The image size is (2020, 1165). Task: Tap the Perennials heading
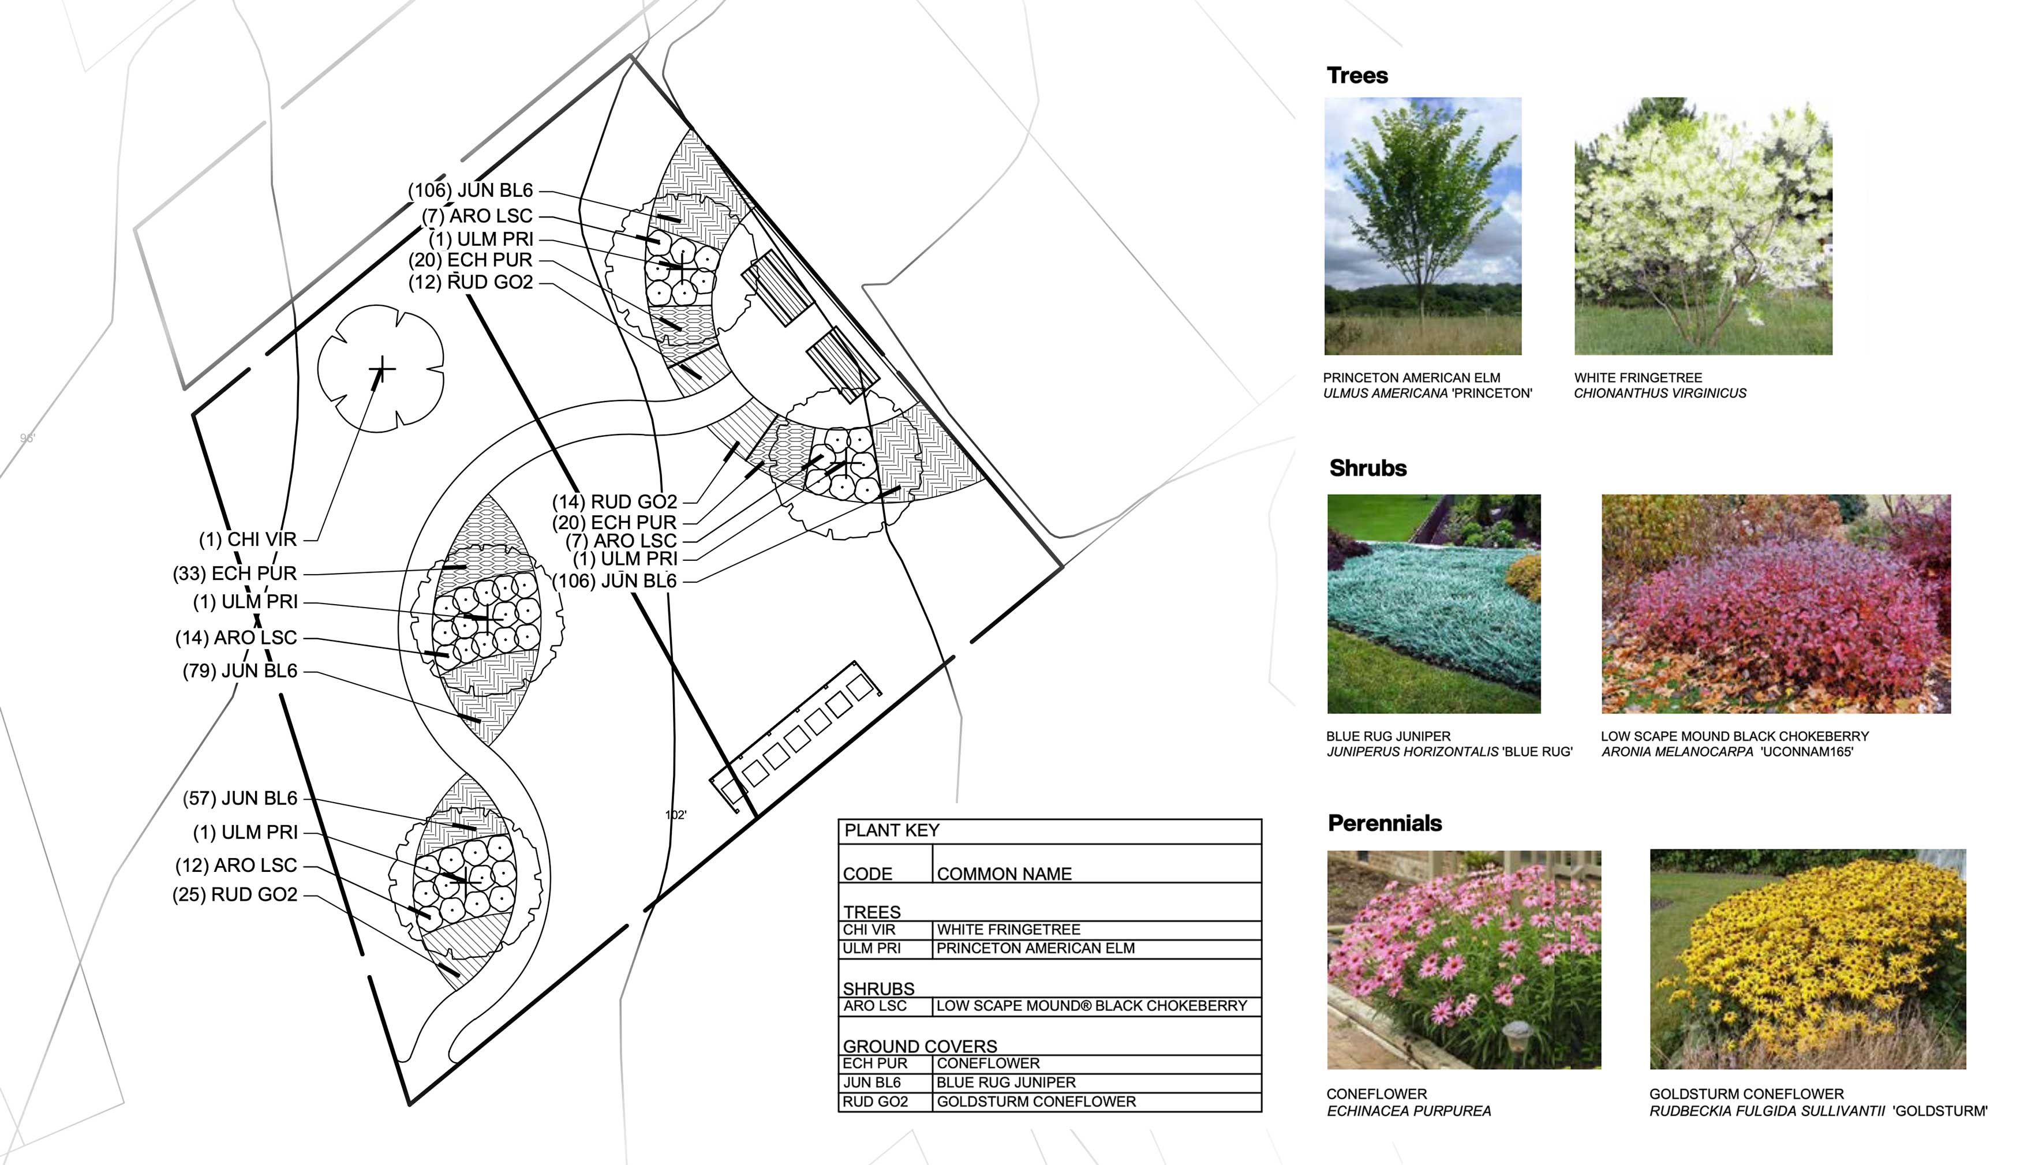pos(1384,823)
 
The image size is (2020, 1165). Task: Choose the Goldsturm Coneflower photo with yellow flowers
pos(1807,960)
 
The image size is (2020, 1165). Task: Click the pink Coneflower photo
pos(1463,960)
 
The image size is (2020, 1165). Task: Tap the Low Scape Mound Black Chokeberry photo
pos(1775,604)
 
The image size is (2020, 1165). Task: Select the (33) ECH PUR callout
pos(234,574)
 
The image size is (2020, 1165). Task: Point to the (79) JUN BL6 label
pos(240,671)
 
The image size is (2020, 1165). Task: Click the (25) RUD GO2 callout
pos(234,894)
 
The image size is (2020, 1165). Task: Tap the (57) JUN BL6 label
pos(240,799)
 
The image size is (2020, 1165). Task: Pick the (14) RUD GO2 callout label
pos(614,501)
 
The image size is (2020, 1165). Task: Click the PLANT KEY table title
pos(892,830)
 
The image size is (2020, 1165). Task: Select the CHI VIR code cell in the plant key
pos(869,930)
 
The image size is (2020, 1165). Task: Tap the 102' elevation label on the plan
pos(675,815)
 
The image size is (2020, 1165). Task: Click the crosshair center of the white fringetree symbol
pos(381,369)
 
